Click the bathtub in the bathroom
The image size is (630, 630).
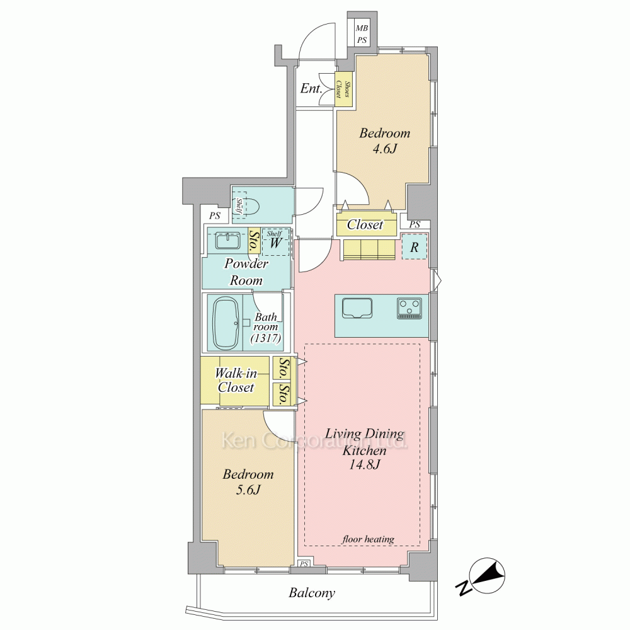pos(226,323)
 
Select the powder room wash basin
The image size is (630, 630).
pos(227,241)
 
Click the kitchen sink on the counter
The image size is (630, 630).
pos(357,308)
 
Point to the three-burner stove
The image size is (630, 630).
pos(409,308)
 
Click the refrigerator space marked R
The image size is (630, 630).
pos(415,247)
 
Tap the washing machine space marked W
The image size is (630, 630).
pos(275,243)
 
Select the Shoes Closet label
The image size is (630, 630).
pos(343,89)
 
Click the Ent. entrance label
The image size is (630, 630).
pos(311,88)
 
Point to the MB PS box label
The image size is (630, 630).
pos(362,35)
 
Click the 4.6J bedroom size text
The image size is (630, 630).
pos(385,149)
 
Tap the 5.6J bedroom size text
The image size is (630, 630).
pos(248,490)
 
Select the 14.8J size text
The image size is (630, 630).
pos(364,464)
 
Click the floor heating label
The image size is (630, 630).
pos(368,539)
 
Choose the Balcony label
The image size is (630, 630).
pos(312,593)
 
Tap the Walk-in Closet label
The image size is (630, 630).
pos(236,380)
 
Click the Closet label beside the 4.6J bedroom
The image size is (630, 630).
pos(365,225)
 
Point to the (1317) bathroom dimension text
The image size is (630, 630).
pos(266,338)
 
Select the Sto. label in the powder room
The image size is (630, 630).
pos(253,241)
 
